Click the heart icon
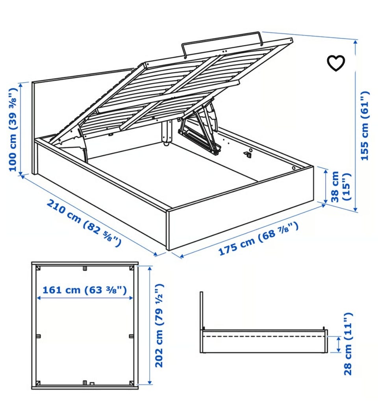click(336, 63)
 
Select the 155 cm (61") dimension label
click(365, 126)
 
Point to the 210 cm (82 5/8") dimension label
click(84, 223)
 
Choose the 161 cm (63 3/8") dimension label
click(85, 290)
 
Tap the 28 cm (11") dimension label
click(348, 344)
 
